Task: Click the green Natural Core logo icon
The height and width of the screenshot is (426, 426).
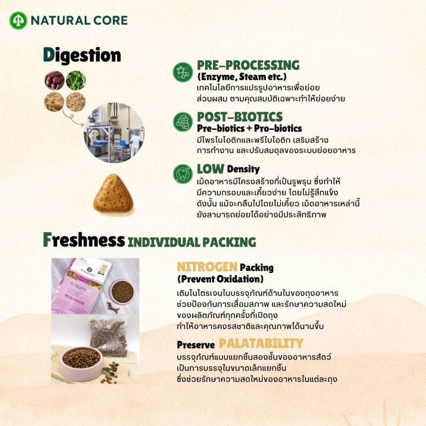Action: click(x=18, y=20)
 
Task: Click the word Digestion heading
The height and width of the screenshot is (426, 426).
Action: click(x=82, y=55)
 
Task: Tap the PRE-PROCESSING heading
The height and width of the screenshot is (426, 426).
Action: click(x=248, y=65)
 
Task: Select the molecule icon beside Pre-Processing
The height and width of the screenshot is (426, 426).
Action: click(x=183, y=72)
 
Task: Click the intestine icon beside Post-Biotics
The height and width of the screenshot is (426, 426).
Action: click(x=183, y=122)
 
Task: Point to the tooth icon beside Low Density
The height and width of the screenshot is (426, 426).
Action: click(x=183, y=174)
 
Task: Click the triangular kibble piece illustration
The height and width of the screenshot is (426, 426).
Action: click(x=114, y=193)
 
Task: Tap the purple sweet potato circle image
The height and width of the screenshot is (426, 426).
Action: click(x=54, y=80)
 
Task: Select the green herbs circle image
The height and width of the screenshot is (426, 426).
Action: click(x=76, y=80)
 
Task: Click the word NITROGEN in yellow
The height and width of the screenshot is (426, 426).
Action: click(x=207, y=267)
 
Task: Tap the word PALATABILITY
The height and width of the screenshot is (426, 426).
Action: click(x=261, y=343)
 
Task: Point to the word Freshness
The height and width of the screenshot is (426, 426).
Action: click(x=84, y=240)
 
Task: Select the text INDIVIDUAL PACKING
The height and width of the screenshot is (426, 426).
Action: click(x=192, y=243)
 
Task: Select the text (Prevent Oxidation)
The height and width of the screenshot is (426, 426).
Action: click(x=220, y=279)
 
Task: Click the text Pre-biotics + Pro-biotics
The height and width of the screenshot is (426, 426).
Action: click(x=250, y=128)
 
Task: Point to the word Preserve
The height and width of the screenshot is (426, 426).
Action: click(x=196, y=345)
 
